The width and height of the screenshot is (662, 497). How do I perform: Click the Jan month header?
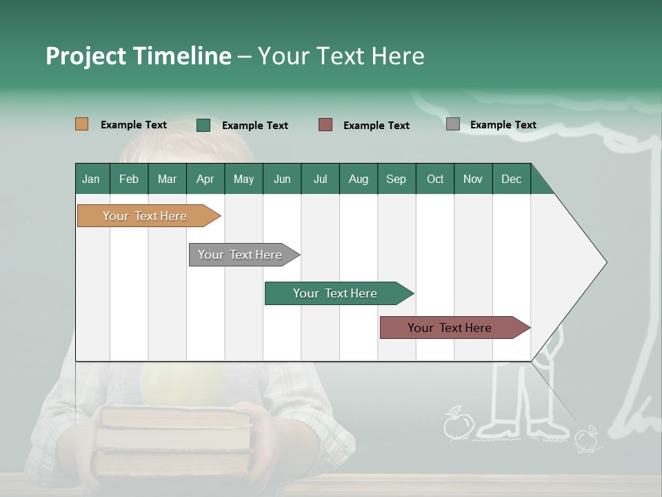(x=92, y=179)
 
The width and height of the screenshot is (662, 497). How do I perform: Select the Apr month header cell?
(x=205, y=179)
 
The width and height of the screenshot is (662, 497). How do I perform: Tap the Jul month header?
(x=320, y=179)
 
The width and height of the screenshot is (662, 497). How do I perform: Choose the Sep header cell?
(x=396, y=179)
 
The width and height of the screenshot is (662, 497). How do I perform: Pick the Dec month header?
(x=511, y=179)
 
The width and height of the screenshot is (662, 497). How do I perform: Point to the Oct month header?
(x=434, y=179)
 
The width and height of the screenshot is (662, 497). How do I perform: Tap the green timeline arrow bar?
(x=336, y=293)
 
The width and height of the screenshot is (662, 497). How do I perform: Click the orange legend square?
(x=82, y=124)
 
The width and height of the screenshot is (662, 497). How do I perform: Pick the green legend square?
(x=203, y=125)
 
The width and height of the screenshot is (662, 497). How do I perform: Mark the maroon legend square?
(x=325, y=125)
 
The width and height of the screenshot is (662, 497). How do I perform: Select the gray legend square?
(x=453, y=124)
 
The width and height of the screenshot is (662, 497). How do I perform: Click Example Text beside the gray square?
(x=503, y=125)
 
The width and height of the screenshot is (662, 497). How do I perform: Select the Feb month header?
(x=129, y=179)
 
